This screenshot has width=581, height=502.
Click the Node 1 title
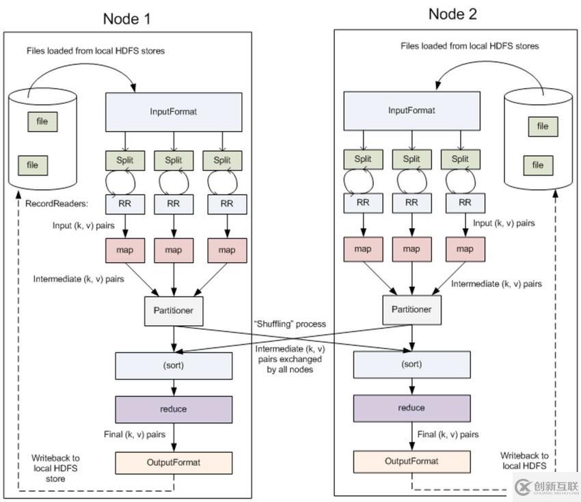[x=126, y=18]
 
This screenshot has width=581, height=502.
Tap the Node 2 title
[x=452, y=14]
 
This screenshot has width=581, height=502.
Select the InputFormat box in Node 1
[x=174, y=111]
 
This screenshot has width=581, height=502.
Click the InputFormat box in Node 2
[x=411, y=111]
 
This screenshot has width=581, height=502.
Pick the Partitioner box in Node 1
[x=174, y=310]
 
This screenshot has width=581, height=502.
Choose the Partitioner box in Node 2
[x=411, y=309]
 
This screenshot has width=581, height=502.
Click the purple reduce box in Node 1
[x=174, y=409]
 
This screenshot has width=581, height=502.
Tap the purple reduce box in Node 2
[x=411, y=408]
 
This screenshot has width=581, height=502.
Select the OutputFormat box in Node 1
[x=174, y=462]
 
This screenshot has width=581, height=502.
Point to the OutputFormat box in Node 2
[x=411, y=461]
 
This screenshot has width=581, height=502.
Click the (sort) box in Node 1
[x=174, y=365]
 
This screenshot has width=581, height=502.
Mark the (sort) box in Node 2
[x=411, y=364]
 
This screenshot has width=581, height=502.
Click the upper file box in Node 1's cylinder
[x=42, y=122]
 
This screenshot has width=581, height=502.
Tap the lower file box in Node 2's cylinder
[x=538, y=165]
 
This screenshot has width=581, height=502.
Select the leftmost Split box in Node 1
[x=125, y=161]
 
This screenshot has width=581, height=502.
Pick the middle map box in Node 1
[x=174, y=250]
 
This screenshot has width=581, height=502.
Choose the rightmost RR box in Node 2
[x=465, y=203]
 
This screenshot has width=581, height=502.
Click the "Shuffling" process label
[x=290, y=324]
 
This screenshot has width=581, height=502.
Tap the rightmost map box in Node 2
[x=465, y=249]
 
